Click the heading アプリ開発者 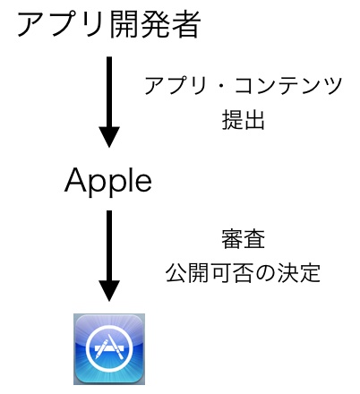pyautogui.click(x=109, y=25)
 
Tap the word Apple pyautogui.click(x=108, y=182)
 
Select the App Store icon pyautogui.click(x=109, y=348)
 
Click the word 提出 pyautogui.click(x=244, y=120)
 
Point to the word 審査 pyautogui.click(x=244, y=239)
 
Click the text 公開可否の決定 pyautogui.click(x=243, y=273)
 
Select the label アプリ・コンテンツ pyautogui.click(x=244, y=86)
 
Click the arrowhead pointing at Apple pyautogui.click(x=109, y=137)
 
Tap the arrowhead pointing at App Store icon pyautogui.click(x=109, y=290)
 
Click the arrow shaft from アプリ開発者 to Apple pyautogui.click(x=109, y=92)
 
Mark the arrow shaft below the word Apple pyautogui.click(x=109, y=245)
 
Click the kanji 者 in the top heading pyautogui.click(x=186, y=25)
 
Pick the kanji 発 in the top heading pyautogui.click(x=155, y=25)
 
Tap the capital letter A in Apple pyautogui.click(x=76, y=180)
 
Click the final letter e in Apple pyautogui.click(x=143, y=183)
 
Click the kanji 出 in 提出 pyautogui.click(x=254, y=120)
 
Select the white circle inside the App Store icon pyautogui.click(x=109, y=349)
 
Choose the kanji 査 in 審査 pyautogui.click(x=254, y=239)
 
